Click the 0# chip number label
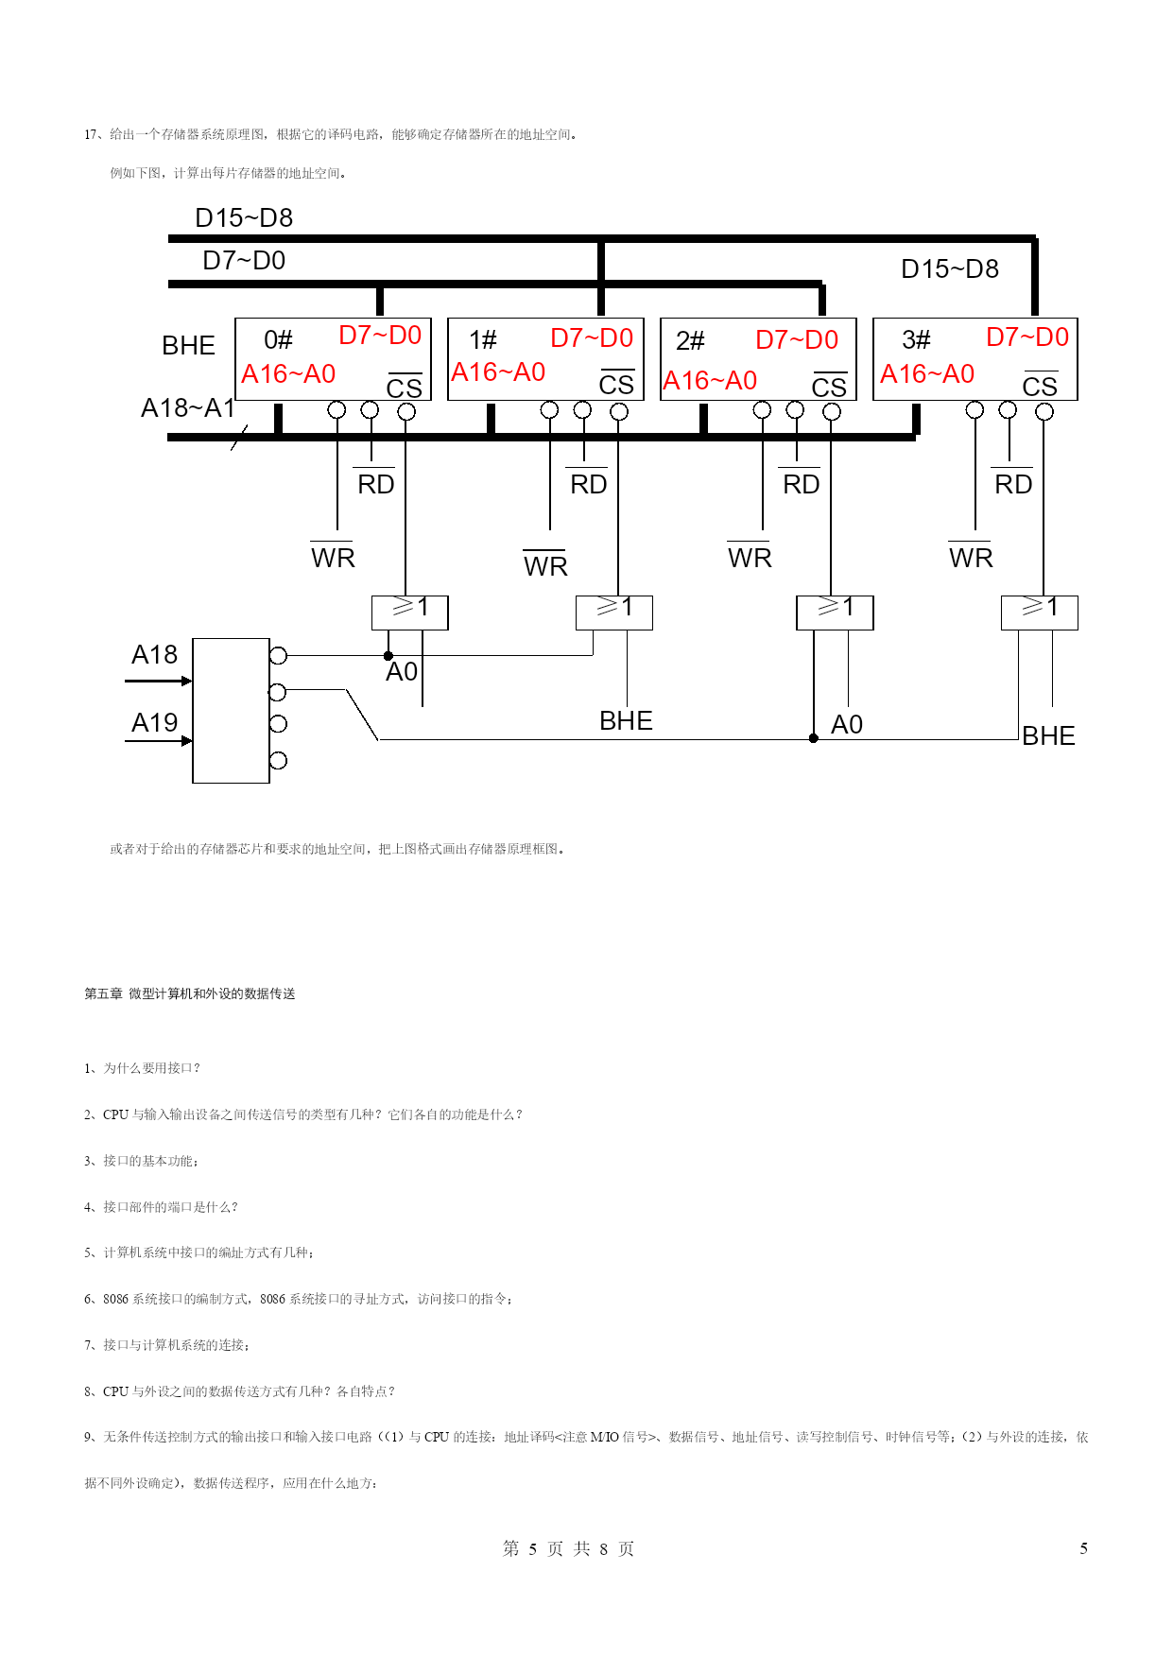[x=278, y=340]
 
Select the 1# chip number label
[x=483, y=340]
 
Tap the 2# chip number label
[x=690, y=340]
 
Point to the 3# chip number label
[x=916, y=340]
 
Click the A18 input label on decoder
[x=154, y=654]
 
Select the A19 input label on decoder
[x=154, y=722]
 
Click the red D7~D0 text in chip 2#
[x=797, y=340]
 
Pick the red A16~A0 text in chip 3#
[x=927, y=374]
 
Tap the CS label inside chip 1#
[x=616, y=384]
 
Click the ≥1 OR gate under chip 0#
[x=410, y=613]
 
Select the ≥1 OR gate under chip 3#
[x=1040, y=613]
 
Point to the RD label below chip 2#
[x=801, y=483]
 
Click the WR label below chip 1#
[x=545, y=565]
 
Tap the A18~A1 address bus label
[x=187, y=407]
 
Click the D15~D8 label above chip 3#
[x=950, y=269]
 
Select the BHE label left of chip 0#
[x=188, y=345]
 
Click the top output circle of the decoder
[x=278, y=655]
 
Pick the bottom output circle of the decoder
[x=278, y=760]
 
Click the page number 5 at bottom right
[x=1083, y=1548]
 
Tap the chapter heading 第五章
[x=103, y=993]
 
